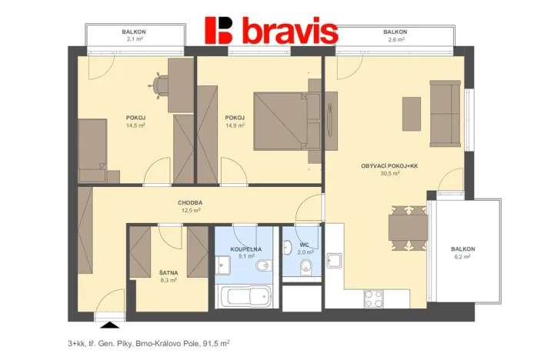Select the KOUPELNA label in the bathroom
246,250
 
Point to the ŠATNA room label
169,273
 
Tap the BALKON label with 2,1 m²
134,32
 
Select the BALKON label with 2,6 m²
395,32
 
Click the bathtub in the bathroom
245,296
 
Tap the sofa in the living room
445,114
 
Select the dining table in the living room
401,228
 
